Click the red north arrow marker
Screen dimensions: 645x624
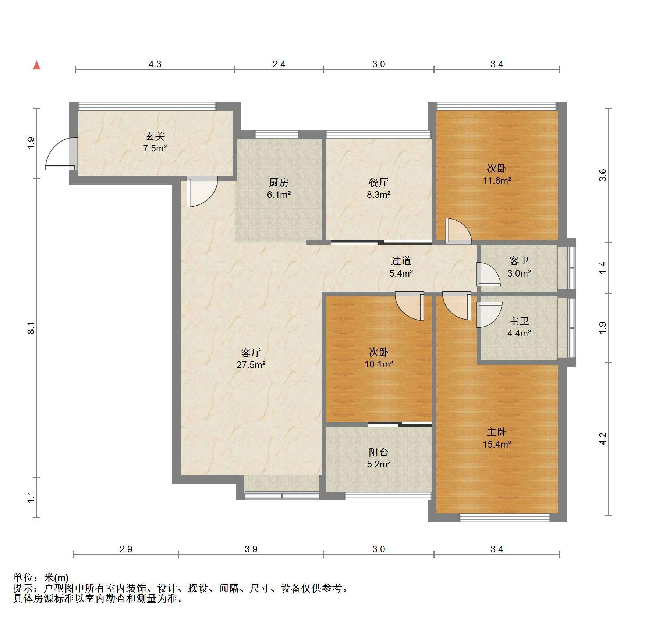[x=37, y=65]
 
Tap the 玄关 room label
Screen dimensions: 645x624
[x=155, y=136]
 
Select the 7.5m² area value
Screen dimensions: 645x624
[x=155, y=149]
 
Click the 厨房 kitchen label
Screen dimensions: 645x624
[x=279, y=182]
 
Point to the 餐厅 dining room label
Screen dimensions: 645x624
[x=378, y=182]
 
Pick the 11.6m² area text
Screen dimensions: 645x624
[x=497, y=181]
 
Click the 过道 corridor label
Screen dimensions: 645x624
[x=401, y=261]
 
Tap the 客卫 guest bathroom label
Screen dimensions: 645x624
[x=519, y=261]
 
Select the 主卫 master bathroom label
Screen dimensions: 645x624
[x=519, y=321]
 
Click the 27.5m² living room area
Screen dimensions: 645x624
[x=251, y=365]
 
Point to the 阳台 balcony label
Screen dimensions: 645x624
[x=378, y=452]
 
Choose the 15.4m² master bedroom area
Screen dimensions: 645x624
[x=497, y=444]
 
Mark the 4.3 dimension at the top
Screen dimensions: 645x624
[x=155, y=64]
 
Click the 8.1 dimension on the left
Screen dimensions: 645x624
[x=32, y=328]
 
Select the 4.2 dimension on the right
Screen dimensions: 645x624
[x=602, y=438]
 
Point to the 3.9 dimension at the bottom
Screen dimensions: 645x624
[x=251, y=549]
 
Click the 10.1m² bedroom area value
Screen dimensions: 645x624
[x=378, y=364]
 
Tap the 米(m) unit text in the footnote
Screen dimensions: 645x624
[x=56, y=578]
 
